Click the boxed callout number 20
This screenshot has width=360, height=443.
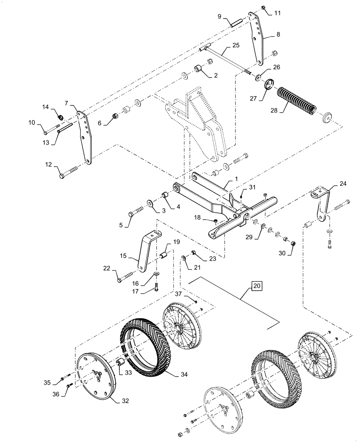tap(256, 286)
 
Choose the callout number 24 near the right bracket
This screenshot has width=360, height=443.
tap(343, 184)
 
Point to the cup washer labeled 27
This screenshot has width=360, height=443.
tap(269, 84)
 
